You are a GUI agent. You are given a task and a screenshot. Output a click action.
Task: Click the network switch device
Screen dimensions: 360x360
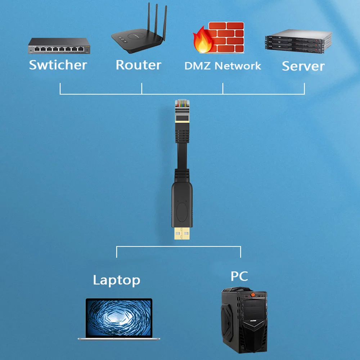click(59, 46)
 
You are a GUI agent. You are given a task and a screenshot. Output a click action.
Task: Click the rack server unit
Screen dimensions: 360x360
click(298, 42)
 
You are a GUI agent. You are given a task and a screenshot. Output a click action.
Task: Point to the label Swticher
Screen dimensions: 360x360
click(58, 65)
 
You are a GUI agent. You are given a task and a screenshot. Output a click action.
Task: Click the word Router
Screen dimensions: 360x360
click(139, 65)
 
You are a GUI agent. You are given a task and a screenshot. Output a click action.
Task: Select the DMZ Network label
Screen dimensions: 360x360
click(222, 66)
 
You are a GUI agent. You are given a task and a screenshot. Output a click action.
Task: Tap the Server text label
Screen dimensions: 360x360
click(303, 66)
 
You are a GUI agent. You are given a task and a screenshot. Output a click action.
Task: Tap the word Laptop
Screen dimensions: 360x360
click(116, 280)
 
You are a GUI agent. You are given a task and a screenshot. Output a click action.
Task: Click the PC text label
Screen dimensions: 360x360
click(239, 276)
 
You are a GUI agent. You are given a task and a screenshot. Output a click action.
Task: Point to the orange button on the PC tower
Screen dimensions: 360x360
click(253, 294)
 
